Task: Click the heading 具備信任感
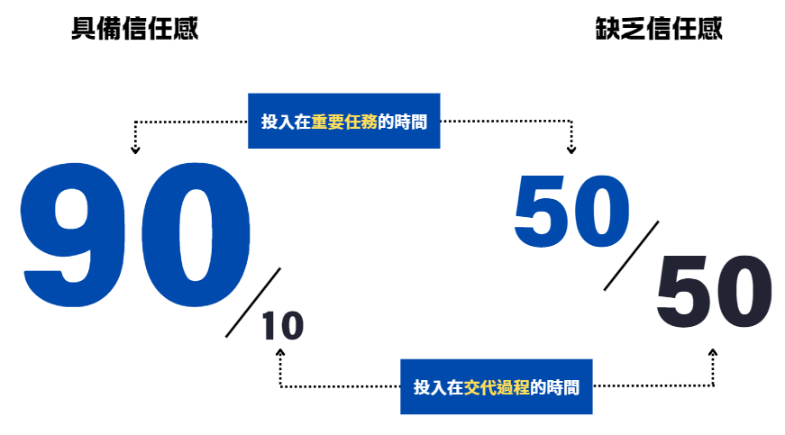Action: (134, 29)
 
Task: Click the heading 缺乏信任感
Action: (659, 29)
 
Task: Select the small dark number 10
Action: (282, 327)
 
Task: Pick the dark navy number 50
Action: (714, 295)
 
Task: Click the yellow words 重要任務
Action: (344, 122)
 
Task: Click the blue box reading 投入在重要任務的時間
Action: (343, 121)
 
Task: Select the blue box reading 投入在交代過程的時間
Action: (497, 387)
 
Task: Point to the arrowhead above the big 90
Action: (135, 149)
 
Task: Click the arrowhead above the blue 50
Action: (570, 149)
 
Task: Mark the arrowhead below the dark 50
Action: (713, 353)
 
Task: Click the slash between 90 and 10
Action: (253, 302)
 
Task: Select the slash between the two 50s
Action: (631, 255)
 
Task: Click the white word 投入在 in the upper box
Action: (286, 122)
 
